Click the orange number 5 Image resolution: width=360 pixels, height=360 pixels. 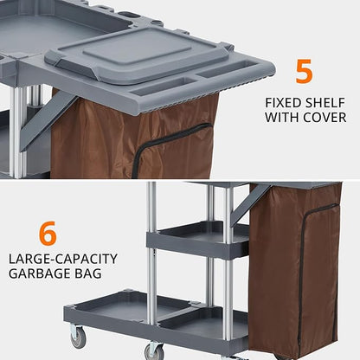(x=304, y=71)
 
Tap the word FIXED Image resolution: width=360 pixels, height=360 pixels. (x=285, y=102)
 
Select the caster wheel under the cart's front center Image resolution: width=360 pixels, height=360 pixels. (x=155, y=350)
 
